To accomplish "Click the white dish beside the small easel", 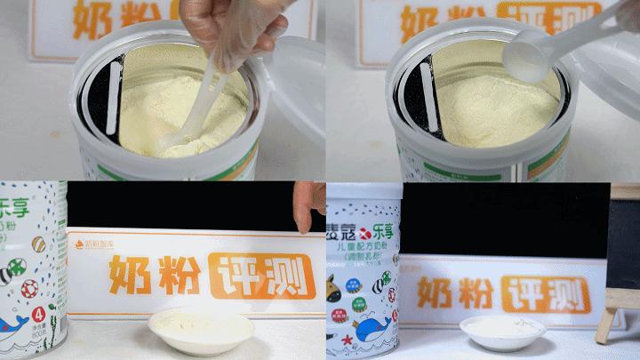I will click(503, 332).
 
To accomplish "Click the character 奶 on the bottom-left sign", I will click(131, 275).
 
